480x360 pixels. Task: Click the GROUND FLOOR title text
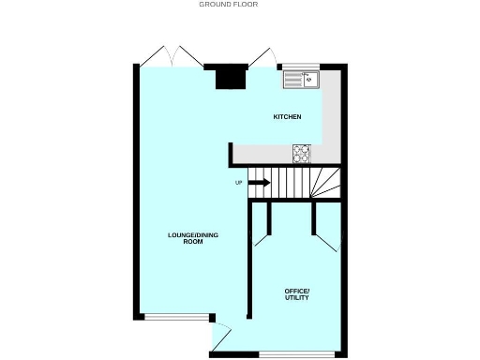pyautogui.click(x=228, y=5)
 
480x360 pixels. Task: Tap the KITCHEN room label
pyautogui.click(x=287, y=117)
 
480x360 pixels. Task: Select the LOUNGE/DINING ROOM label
pyautogui.click(x=194, y=238)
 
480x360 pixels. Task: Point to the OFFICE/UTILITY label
pyautogui.click(x=296, y=295)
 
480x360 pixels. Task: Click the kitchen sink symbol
pyautogui.click(x=300, y=81)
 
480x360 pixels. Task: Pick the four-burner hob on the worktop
pyautogui.click(x=302, y=151)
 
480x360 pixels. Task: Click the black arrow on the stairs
pyautogui.click(x=259, y=182)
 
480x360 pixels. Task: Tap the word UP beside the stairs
pyautogui.click(x=239, y=182)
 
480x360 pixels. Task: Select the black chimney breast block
pyautogui.click(x=226, y=77)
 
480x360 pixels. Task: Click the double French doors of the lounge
pyautogui.click(x=172, y=56)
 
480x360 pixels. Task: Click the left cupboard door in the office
pyautogui.click(x=262, y=228)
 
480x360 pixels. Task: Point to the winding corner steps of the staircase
pyautogui.click(x=325, y=182)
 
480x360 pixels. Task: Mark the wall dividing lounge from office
pyautogui.click(x=248, y=262)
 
